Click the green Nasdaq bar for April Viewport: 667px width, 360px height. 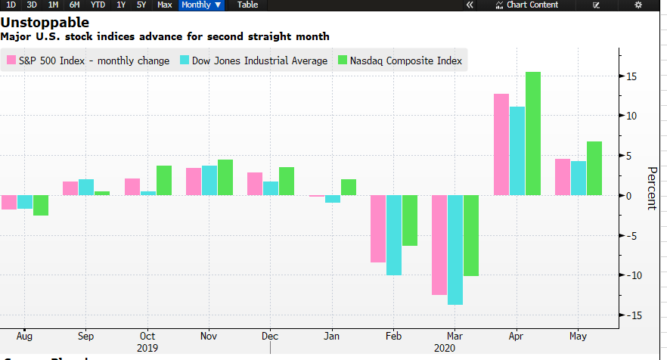tap(533, 133)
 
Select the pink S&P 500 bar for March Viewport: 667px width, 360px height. tap(439, 244)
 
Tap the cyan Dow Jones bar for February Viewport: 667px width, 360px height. tap(393, 234)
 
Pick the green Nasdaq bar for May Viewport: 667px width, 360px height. tap(594, 168)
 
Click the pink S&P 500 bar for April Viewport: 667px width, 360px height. tap(501, 144)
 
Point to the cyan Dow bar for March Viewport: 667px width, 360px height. tap(455, 250)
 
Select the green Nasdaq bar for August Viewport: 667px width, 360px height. tap(41, 205)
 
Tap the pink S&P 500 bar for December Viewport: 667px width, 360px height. tap(255, 184)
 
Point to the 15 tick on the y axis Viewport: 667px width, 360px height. tap(630, 76)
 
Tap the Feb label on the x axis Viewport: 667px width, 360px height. tap(393, 336)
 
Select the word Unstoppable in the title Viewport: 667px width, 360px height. tap(44, 23)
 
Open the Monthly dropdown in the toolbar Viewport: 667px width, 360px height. tap(201, 5)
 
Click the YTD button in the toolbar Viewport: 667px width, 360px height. tap(98, 5)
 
